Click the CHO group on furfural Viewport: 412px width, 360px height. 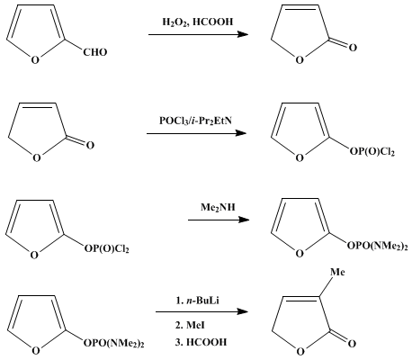tap(95, 52)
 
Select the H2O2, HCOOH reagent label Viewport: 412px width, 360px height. tap(198, 22)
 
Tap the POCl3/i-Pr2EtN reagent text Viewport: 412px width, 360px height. tap(195, 121)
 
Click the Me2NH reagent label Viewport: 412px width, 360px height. tap(218, 207)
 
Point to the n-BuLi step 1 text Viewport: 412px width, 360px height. tap(198, 301)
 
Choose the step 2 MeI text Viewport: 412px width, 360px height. tap(190, 325)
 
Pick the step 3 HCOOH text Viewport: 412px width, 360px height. tap(201, 342)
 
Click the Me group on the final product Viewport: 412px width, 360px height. tap(337, 272)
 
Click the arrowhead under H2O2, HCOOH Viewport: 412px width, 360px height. tap(242, 34)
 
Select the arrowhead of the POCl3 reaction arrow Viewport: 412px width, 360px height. tap(240, 133)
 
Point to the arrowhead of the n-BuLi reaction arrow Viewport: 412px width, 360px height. tap(242, 311)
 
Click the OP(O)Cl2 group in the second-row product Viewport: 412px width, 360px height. tap(372, 151)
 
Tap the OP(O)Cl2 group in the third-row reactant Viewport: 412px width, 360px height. tap(106, 248)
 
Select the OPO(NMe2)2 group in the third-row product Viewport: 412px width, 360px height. tap(378, 247)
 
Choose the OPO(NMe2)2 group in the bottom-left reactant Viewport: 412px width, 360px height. tap(114, 343)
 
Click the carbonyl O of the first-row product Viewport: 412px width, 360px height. tap(353, 48)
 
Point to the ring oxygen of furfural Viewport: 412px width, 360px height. tap(35, 60)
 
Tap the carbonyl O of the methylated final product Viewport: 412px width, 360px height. tap(353, 343)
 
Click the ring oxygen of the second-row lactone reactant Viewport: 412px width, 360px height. tap(37, 158)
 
